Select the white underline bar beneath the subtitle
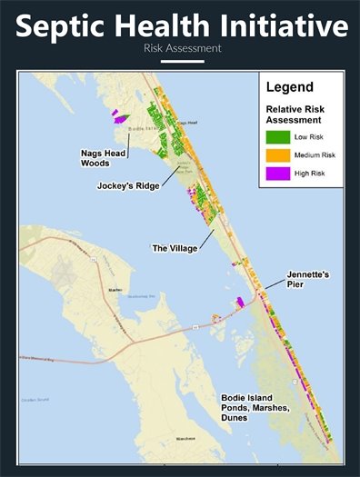pos(180,62)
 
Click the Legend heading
pos(289,88)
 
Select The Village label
pos(175,248)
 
